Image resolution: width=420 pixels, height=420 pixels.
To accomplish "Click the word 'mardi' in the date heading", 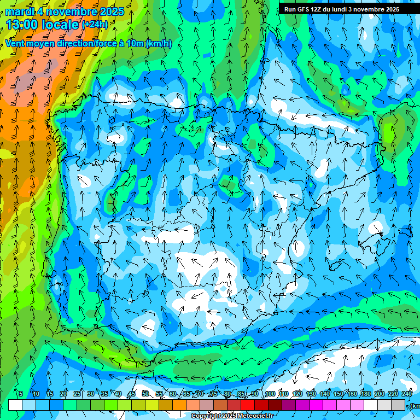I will (x=19, y=11).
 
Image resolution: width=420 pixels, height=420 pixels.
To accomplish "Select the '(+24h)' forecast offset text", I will (x=95, y=25).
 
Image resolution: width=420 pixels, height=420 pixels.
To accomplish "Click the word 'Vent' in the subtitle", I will (x=16, y=44).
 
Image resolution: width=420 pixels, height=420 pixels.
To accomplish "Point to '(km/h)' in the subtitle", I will (x=159, y=44).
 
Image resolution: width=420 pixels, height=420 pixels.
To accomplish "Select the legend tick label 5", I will (x=21, y=394).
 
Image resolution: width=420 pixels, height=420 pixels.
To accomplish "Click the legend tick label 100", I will (x=270, y=394).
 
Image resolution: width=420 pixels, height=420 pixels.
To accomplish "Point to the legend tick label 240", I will (x=406, y=394).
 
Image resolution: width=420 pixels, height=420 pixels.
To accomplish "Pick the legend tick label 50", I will (x=145, y=394).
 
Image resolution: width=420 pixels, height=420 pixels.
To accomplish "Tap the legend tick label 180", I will (x=365, y=394).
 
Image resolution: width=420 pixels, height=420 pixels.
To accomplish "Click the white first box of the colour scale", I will (x=15, y=405).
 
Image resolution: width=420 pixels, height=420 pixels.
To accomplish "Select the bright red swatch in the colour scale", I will (x=248, y=405).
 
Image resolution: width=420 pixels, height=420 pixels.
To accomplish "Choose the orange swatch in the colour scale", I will (x=179, y=405).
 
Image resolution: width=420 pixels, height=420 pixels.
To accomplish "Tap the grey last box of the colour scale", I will (x=398, y=405).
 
